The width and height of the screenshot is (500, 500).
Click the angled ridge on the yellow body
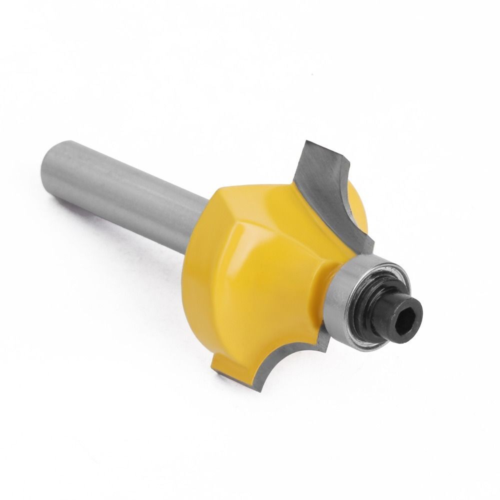coord(240,220)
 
